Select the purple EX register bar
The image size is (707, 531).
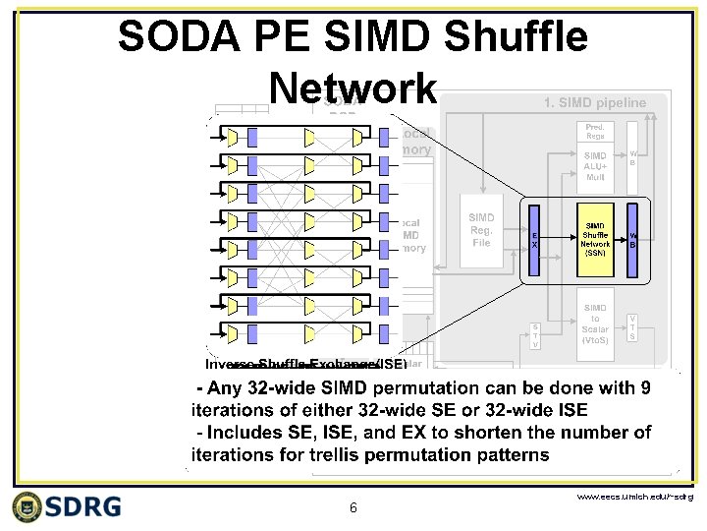pyautogui.click(x=534, y=238)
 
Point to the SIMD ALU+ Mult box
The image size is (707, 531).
pyautogui.click(x=595, y=168)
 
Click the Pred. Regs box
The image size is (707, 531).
pyautogui.click(x=595, y=131)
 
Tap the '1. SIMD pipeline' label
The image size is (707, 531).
pyautogui.click(x=594, y=101)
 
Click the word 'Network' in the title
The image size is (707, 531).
pyautogui.click(x=352, y=88)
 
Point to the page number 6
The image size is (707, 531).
pyautogui.click(x=353, y=508)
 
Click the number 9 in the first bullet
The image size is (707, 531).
pyautogui.click(x=643, y=388)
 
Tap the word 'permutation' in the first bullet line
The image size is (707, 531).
pyautogui.click(x=419, y=388)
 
